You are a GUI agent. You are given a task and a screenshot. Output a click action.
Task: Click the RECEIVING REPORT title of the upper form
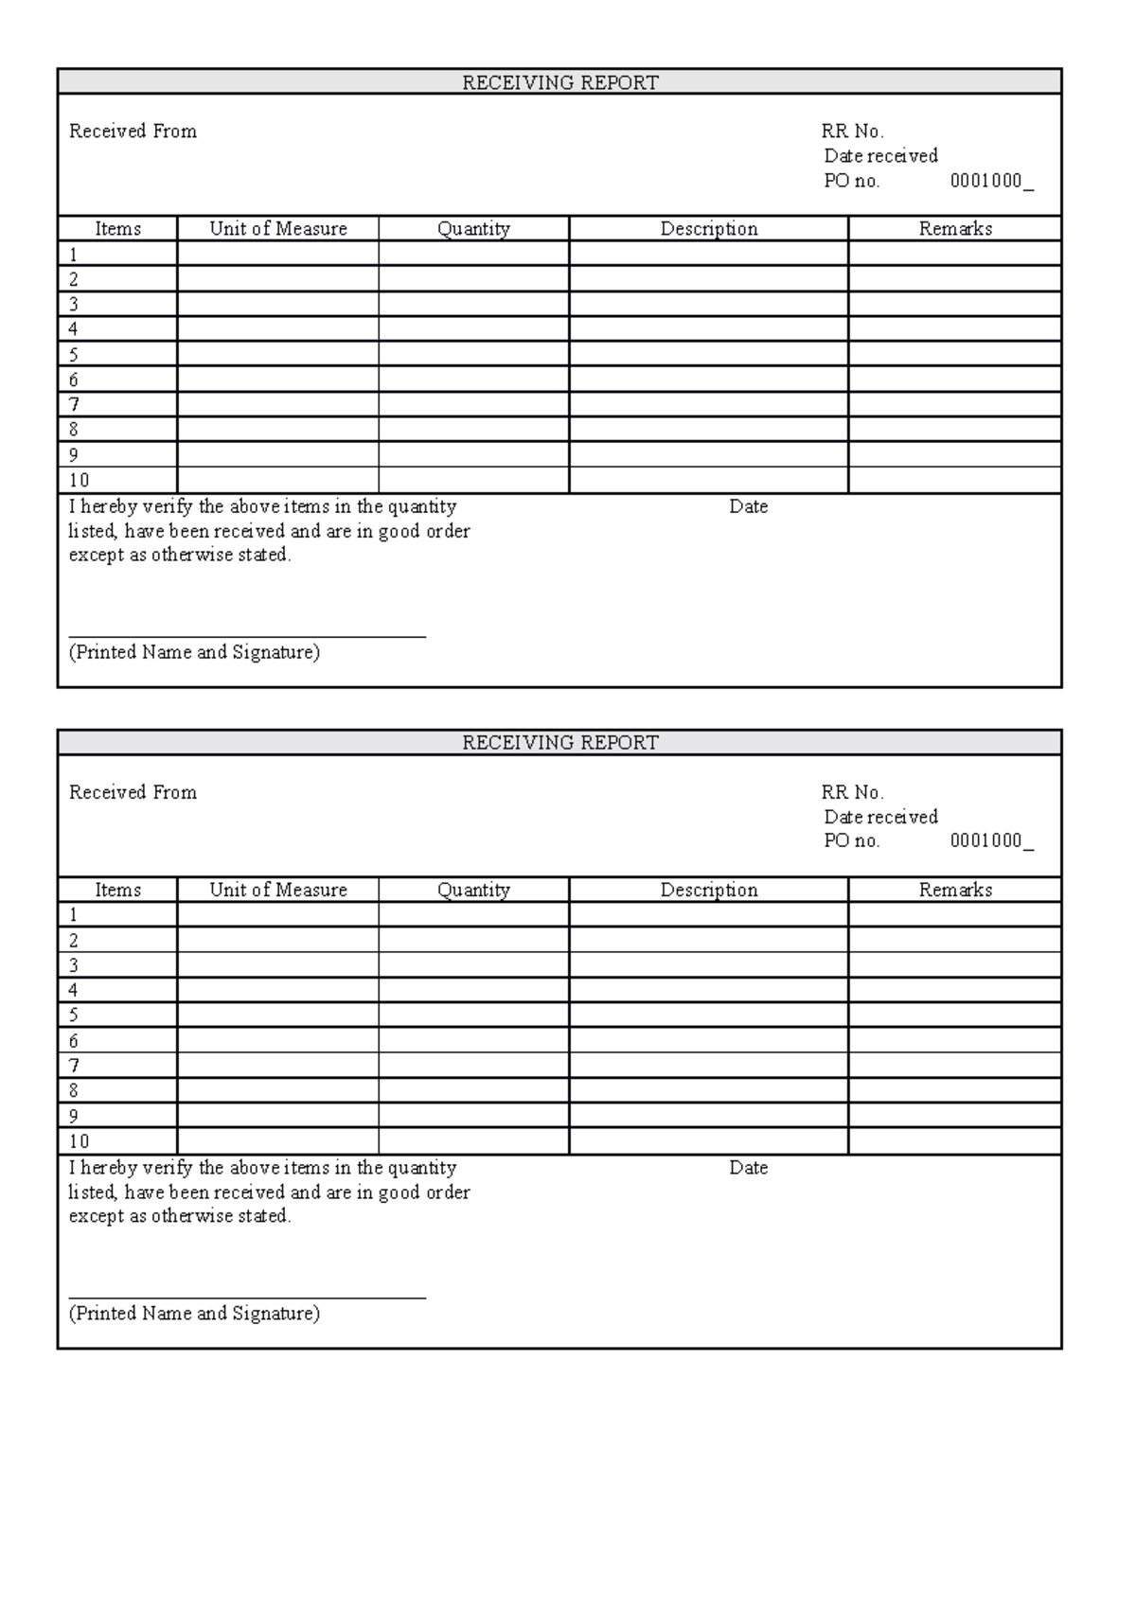coord(559,82)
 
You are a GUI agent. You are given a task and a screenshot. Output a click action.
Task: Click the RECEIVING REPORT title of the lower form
coord(559,743)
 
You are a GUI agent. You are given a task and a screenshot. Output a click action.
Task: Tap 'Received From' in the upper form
coord(133,132)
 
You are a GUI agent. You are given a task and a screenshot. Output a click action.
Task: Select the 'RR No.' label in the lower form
coord(852,792)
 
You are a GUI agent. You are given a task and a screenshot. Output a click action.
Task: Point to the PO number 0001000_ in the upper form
coord(991,181)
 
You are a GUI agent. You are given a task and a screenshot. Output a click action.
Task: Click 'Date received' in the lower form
coord(880,817)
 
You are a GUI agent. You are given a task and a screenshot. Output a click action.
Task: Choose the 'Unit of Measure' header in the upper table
coord(278,229)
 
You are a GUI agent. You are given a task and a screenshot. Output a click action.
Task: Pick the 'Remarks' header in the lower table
coord(955,890)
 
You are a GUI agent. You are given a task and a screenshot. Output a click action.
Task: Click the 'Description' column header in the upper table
coord(709,229)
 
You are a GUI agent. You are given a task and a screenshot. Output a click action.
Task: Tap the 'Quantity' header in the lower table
coord(473,890)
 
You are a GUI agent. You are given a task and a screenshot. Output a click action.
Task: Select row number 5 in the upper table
coord(74,355)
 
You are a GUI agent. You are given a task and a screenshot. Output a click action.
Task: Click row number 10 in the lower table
coord(79,1141)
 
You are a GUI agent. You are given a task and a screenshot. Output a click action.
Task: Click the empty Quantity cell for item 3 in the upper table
coord(473,304)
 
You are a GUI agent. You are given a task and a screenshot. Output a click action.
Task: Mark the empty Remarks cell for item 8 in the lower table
coord(955,1090)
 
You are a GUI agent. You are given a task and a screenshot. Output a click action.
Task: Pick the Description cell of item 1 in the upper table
coord(709,254)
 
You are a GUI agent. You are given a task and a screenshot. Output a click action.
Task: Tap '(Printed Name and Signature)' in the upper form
coord(194,652)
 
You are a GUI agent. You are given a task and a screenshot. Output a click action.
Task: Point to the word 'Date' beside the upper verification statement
coord(748,507)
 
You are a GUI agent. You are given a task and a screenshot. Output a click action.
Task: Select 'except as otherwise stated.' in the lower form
coord(180,1216)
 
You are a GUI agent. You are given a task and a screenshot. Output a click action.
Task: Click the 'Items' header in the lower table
coord(117,890)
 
